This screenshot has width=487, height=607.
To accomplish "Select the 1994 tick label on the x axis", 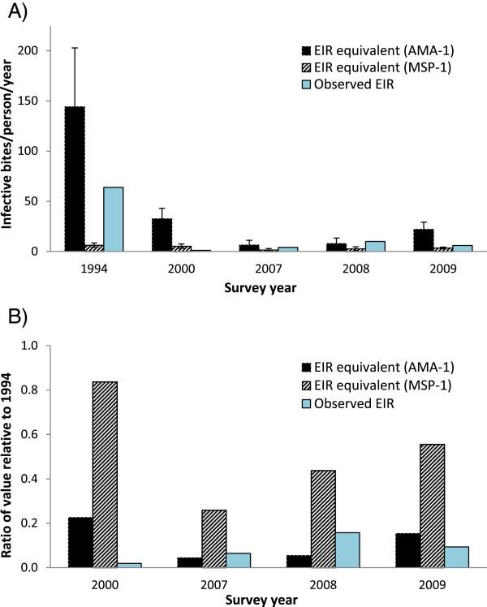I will [x=94, y=264].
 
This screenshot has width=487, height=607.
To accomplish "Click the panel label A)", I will [x=16, y=11].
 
